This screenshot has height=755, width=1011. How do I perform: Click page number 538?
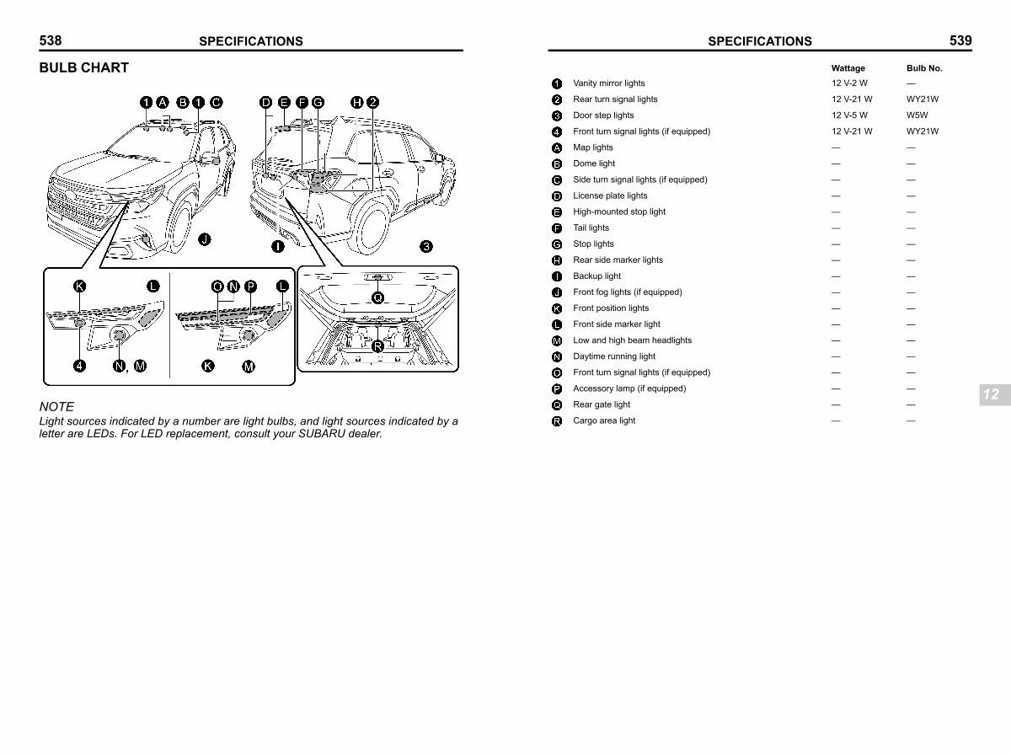pyautogui.click(x=51, y=40)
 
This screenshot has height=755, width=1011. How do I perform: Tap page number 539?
pyautogui.click(x=960, y=40)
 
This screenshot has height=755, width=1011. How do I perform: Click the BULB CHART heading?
pyautogui.click(x=84, y=67)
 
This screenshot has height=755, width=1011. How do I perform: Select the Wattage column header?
pyautogui.click(x=848, y=68)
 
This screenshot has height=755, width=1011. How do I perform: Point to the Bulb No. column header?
pyautogui.click(x=924, y=68)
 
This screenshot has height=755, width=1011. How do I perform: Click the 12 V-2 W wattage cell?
pyautogui.click(x=849, y=83)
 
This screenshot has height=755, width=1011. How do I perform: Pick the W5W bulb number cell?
pyautogui.click(x=917, y=115)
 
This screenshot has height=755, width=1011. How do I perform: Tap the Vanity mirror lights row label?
pyautogui.click(x=608, y=83)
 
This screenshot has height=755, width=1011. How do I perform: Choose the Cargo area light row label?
pyautogui.click(x=604, y=420)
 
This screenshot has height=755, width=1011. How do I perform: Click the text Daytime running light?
pyautogui.click(x=613, y=356)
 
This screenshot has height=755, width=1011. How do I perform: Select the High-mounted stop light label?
pyautogui.click(x=618, y=212)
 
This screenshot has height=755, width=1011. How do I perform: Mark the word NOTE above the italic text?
pyautogui.click(x=56, y=406)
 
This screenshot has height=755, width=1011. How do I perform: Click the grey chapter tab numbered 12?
pyautogui.click(x=990, y=394)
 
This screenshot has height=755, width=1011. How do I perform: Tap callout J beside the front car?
pyautogui.click(x=204, y=239)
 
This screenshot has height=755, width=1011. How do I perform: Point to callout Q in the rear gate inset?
pyautogui.click(x=377, y=297)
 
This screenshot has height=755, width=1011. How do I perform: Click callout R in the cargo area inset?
pyautogui.click(x=377, y=345)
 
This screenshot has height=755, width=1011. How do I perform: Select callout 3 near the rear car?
pyautogui.click(x=426, y=246)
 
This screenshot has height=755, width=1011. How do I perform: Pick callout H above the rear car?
pyautogui.click(x=357, y=103)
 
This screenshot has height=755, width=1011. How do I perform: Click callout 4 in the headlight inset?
pyautogui.click(x=79, y=366)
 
